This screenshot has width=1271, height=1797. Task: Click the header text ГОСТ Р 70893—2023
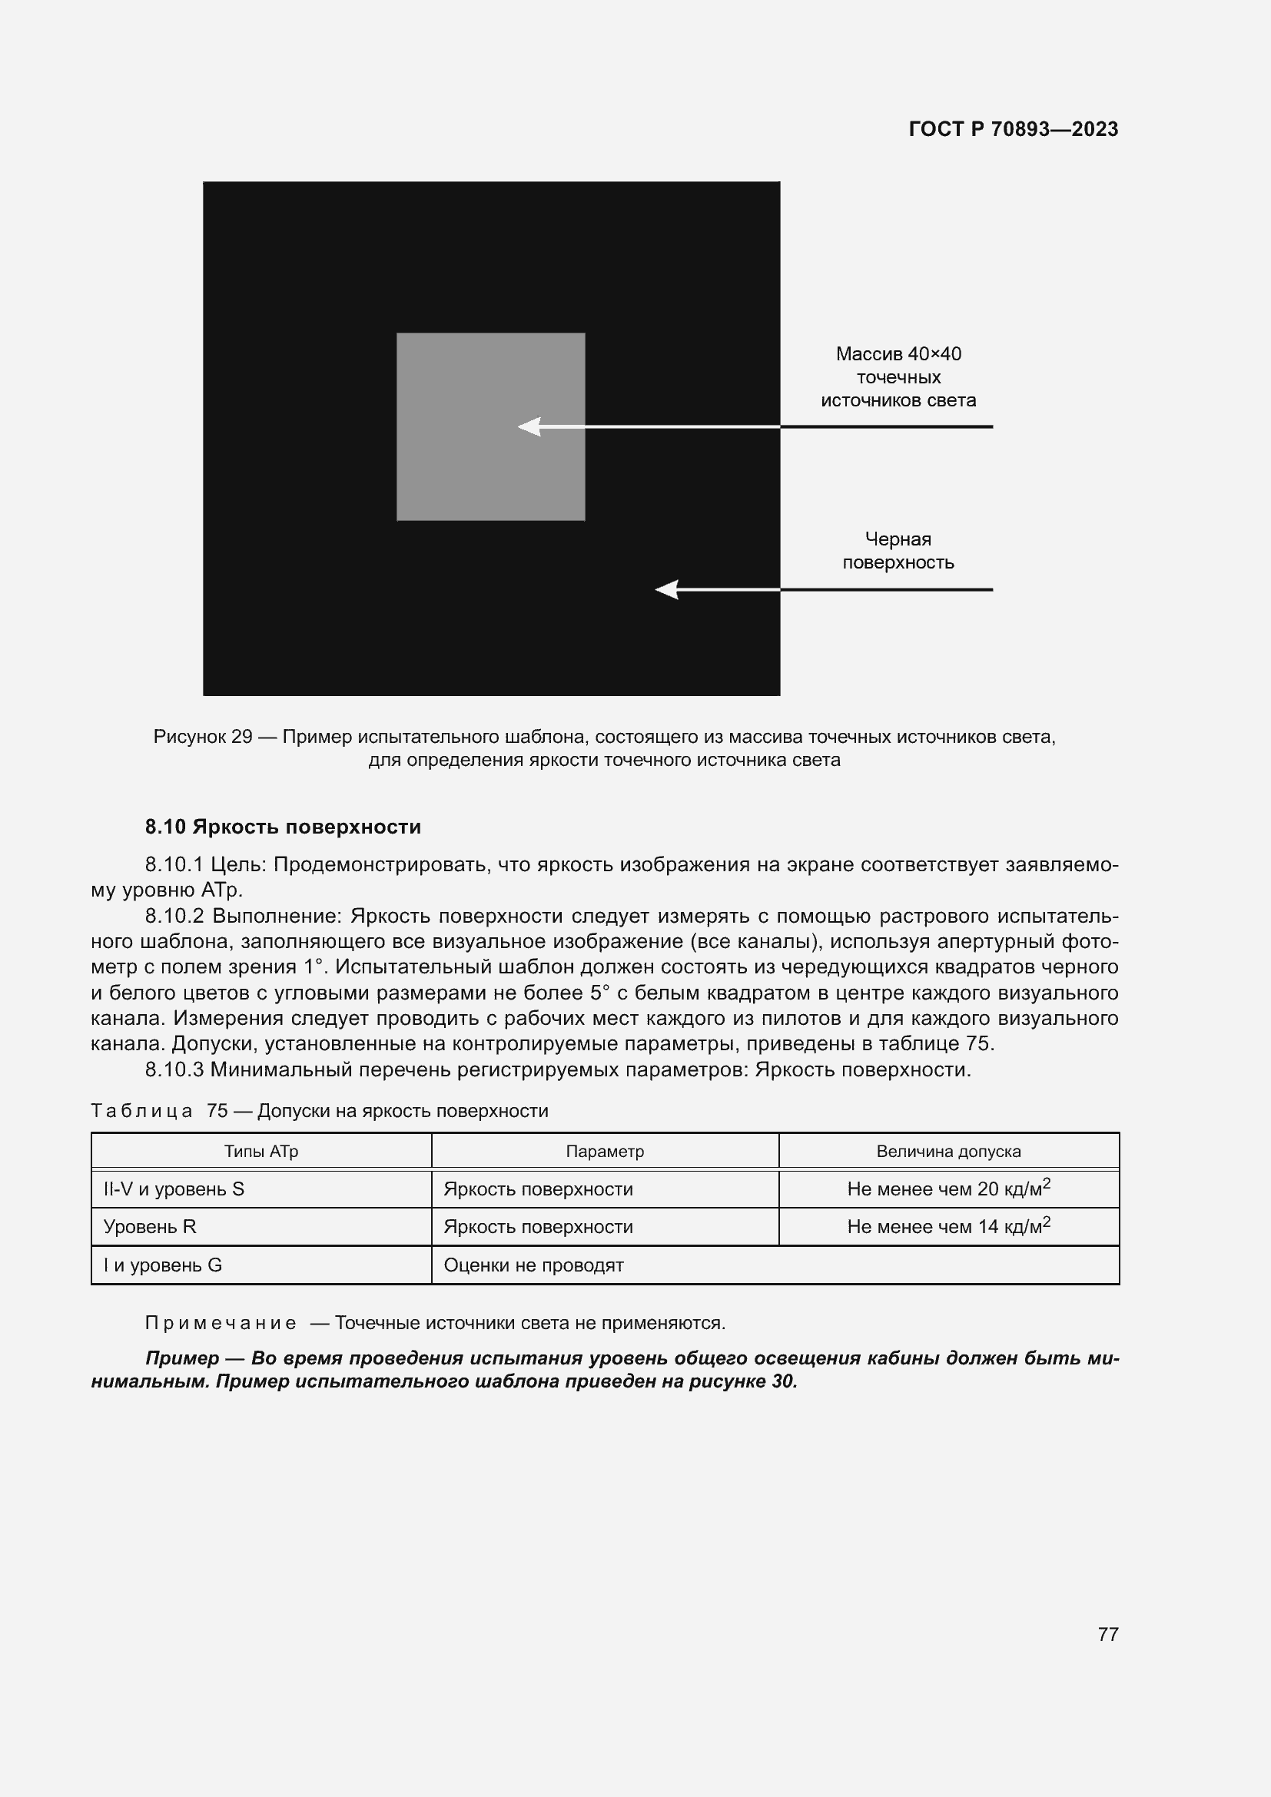(1013, 129)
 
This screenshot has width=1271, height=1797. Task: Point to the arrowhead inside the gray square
(530, 426)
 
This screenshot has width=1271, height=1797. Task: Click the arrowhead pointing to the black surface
(667, 589)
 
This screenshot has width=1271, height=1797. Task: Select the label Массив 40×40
(898, 353)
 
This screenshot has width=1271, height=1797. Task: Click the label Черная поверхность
(898, 550)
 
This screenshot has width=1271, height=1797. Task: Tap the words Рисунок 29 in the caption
(203, 737)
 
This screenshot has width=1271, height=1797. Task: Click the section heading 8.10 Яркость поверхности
(283, 827)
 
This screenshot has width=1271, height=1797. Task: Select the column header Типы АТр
(261, 1152)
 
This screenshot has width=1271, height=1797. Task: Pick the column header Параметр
(604, 1152)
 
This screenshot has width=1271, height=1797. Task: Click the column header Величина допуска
(947, 1152)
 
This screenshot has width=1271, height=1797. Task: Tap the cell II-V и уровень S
(174, 1189)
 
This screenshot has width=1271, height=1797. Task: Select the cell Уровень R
(150, 1226)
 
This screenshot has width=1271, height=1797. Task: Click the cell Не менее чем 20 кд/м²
(947, 1188)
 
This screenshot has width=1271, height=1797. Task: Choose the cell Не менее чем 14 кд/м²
(947, 1225)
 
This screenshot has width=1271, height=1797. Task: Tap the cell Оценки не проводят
(533, 1265)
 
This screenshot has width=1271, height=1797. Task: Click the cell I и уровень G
(163, 1265)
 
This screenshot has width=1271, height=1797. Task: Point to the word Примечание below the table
(221, 1323)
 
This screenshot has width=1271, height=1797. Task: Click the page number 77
(1107, 1634)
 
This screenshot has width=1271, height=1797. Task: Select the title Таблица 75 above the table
(159, 1111)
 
